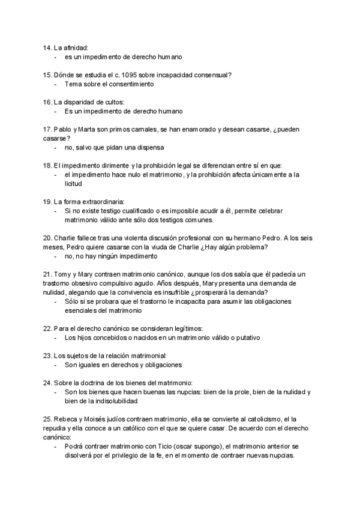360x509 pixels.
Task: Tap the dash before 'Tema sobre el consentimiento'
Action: pyautogui.click(x=56, y=84)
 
